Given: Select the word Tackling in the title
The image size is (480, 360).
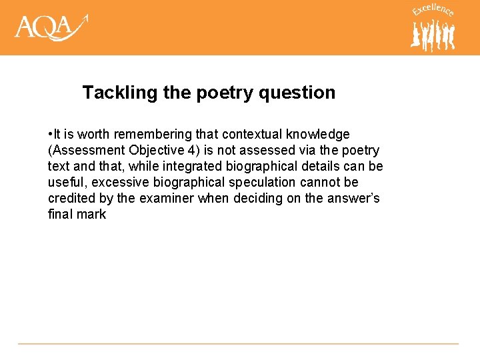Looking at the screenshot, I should (120, 92).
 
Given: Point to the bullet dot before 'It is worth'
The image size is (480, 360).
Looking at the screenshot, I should (51, 135).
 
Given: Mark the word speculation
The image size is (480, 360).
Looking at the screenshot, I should (260, 183).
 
